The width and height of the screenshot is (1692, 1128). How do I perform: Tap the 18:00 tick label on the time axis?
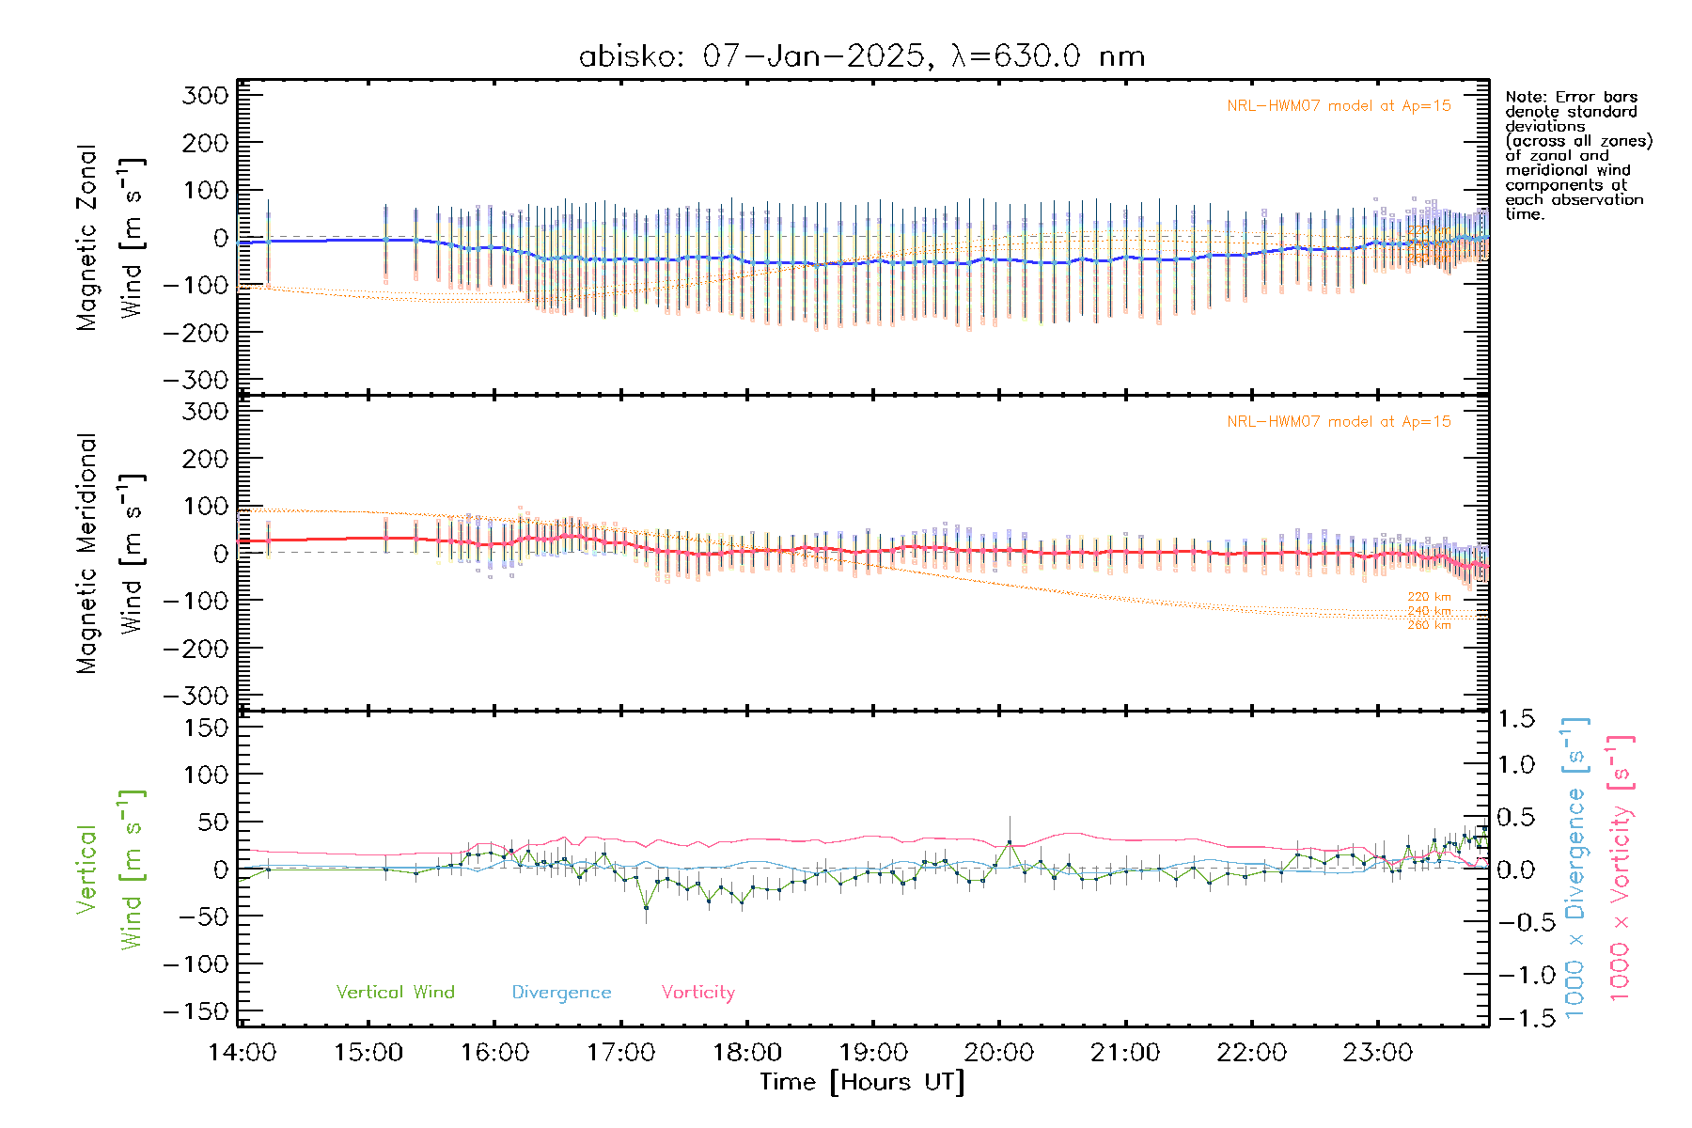pos(747,1053)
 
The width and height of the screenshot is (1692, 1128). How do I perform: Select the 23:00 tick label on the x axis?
pos(1377,1053)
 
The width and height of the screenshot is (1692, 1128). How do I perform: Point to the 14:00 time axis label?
pos(243,1053)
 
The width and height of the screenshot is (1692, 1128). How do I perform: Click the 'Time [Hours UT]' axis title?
pos(862,1082)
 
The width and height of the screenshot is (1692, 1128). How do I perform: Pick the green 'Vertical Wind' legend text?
pos(395,992)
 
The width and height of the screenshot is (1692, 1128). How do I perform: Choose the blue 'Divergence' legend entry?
pos(561,992)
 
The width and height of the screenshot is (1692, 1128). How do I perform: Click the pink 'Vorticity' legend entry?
pos(697,992)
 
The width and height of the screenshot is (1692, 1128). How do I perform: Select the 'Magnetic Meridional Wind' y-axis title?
pos(111,554)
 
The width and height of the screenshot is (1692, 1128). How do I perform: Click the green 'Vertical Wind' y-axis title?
pos(111,869)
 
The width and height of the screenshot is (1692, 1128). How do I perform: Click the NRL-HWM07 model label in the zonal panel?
pos(1339,106)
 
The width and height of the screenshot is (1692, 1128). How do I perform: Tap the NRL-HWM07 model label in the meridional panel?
pos(1339,422)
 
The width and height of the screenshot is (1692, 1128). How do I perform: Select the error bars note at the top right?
pos(1577,155)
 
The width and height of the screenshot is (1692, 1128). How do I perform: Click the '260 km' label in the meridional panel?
pos(1429,625)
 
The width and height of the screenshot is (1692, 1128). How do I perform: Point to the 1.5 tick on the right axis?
pos(1515,719)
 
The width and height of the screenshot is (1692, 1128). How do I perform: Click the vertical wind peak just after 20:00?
pos(1010,842)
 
